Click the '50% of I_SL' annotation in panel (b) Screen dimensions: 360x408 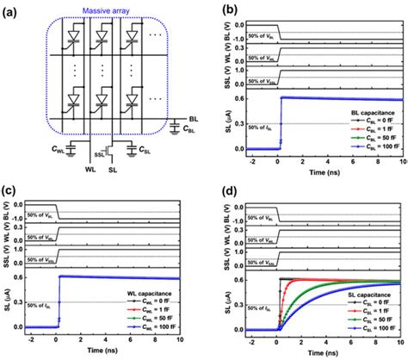click(x=258, y=128)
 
